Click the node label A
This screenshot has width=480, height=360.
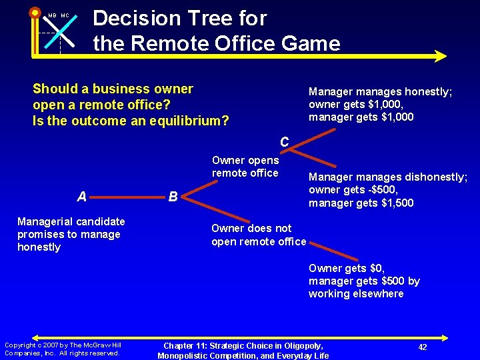pyautogui.click(x=81, y=196)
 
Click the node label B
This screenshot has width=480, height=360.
pyautogui.click(x=173, y=197)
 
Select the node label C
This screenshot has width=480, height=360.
pyautogui.click(x=285, y=142)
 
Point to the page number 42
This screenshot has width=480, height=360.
pyautogui.click(x=423, y=347)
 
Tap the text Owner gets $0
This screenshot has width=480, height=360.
pyautogui.click(x=346, y=268)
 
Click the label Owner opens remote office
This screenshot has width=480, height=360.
pyautogui.click(x=245, y=167)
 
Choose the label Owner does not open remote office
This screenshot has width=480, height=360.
pyautogui.click(x=259, y=235)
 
